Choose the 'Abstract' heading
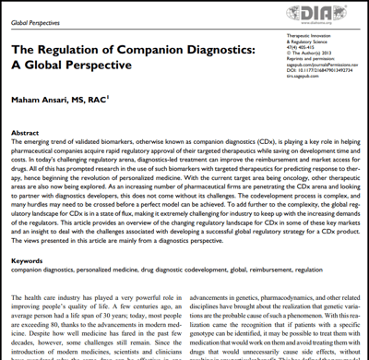[29, 132]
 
